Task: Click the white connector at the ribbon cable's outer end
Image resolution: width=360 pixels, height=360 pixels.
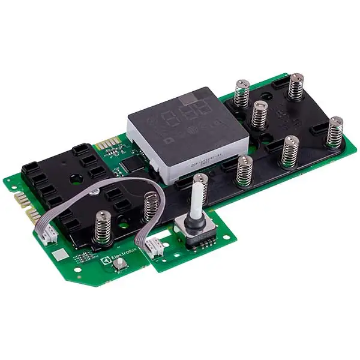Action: (x=46, y=236)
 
